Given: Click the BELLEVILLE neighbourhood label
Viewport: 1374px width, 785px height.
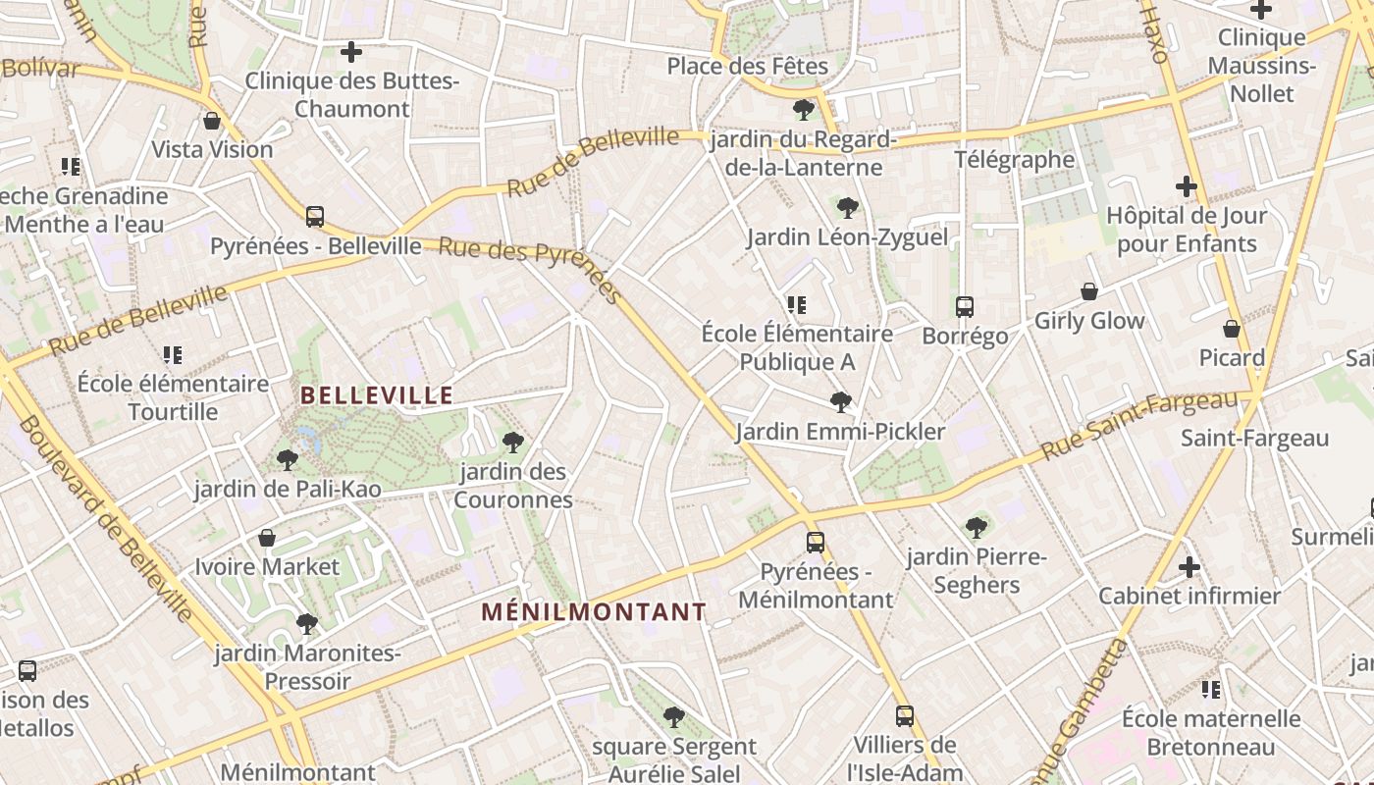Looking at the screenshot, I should click(376, 395).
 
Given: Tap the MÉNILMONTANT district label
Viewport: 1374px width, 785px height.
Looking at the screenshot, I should click(594, 612).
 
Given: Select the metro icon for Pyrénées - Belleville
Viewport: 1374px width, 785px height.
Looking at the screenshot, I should click(315, 217).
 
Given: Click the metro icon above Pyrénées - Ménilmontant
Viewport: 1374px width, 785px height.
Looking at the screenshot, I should click(815, 542).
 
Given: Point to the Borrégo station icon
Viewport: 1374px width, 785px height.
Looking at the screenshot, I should click(965, 307).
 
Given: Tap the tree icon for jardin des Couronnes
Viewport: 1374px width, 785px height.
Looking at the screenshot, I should click(512, 443).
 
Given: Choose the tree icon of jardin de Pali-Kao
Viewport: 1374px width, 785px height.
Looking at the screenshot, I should click(287, 459).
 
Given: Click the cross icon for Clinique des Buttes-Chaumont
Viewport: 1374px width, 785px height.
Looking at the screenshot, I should click(351, 52).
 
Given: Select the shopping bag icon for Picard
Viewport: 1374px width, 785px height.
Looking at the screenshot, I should click(1232, 329).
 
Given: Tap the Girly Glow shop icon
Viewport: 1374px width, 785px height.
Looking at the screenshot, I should click(1088, 291).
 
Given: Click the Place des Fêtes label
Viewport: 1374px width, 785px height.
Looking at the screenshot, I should click(748, 66).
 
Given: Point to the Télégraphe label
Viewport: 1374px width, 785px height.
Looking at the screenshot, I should click(1015, 159).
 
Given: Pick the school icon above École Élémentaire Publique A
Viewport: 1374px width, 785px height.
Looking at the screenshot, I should click(797, 305).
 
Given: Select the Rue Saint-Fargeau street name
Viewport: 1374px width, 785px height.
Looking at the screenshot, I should click(1138, 426).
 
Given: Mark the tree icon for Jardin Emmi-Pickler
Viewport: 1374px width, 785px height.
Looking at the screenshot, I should click(840, 401).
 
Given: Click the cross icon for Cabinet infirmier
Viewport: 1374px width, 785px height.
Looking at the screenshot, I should click(1189, 566).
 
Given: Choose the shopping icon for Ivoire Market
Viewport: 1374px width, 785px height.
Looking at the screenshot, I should click(267, 538).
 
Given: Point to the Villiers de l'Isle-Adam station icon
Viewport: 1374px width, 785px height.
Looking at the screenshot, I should click(905, 716).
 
